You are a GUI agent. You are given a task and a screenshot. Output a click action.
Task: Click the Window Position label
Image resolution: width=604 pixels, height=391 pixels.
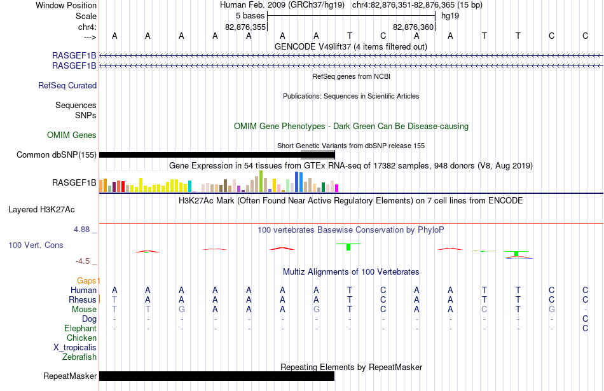click(x=66, y=5)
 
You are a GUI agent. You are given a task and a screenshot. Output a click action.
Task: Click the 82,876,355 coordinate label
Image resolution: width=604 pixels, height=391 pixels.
click(x=245, y=27)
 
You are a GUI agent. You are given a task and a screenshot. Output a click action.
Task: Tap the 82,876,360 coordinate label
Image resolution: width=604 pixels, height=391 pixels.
click(x=413, y=27)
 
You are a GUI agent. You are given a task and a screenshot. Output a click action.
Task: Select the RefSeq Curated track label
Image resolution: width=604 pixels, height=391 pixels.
click(x=67, y=86)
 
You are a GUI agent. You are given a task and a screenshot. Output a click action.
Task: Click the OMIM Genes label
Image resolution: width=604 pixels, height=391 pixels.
click(x=72, y=135)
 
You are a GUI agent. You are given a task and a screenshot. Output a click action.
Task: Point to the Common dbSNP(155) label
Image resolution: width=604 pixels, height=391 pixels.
click(x=56, y=155)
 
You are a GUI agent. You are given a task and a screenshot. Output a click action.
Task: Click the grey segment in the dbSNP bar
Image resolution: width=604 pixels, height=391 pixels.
click(x=318, y=155)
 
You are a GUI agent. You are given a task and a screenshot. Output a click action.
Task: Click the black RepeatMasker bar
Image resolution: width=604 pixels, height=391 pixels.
click(x=217, y=376)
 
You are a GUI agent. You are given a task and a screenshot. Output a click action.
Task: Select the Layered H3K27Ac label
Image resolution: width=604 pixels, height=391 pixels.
click(x=41, y=210)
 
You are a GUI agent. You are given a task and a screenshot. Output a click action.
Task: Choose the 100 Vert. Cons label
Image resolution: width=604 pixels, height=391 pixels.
click(x=36, y=245)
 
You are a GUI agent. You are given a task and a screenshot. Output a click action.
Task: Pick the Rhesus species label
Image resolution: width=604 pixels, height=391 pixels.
click(x=83, y=299)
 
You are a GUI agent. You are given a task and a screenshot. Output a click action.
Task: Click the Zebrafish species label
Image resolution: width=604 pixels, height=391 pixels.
click(x=79, y=357)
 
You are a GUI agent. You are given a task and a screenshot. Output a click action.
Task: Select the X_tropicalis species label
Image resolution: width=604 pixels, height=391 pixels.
click(x=75, y=348)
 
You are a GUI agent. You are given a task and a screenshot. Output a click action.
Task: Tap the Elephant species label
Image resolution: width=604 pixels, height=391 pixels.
click(x=81, y=328)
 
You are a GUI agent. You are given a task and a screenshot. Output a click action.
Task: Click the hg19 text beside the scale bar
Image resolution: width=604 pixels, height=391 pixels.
click(x=450, y=16)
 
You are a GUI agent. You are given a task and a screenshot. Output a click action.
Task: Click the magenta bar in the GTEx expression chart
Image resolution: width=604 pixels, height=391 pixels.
click(x=337, y=188)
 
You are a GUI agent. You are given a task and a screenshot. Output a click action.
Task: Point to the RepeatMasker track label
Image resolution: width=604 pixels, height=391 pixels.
click(x=70, y=376)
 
